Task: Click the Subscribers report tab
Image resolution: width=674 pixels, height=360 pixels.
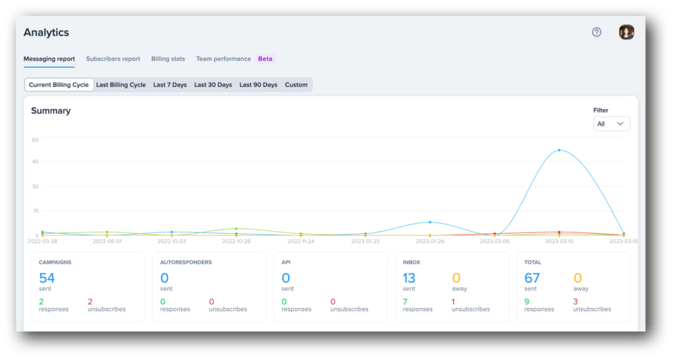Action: tap(113, 59)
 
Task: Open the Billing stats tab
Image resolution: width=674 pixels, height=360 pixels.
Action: tap(168, 59)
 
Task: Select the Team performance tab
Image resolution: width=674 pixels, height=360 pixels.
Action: tap(223, 59)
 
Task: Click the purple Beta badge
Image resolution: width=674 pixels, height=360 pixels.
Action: tap(265, 59)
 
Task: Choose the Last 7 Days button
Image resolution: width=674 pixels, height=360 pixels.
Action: tap(170, 85)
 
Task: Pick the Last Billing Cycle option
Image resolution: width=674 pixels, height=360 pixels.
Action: tap(121, 85)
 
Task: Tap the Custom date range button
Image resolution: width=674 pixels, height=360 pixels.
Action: tap(296, 85)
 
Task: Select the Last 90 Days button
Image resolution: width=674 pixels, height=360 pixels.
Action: tap(258, 85)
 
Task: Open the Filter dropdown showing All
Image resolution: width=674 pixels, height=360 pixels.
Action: tap(611, 124)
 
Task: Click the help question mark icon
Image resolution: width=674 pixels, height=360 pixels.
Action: tap(596, 32)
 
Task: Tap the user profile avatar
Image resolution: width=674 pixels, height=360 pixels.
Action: tap(626, 32)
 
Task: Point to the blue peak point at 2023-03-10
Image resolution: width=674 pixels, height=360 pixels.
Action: tap(559, 150)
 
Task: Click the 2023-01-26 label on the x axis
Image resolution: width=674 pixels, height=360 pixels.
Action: tap(430, 242)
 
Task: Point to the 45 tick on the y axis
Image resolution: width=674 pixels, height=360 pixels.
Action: tap(35, 162)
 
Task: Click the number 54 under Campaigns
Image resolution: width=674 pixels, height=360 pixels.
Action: tap(47, 278)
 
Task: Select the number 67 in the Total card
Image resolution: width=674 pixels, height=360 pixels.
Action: tap(532, 278)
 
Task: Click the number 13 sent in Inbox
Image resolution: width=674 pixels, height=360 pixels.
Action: tap(409, 278)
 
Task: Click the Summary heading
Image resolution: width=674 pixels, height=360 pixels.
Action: tap(51, 111)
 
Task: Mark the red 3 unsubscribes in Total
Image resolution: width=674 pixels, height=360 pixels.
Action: tap(575, 301)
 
